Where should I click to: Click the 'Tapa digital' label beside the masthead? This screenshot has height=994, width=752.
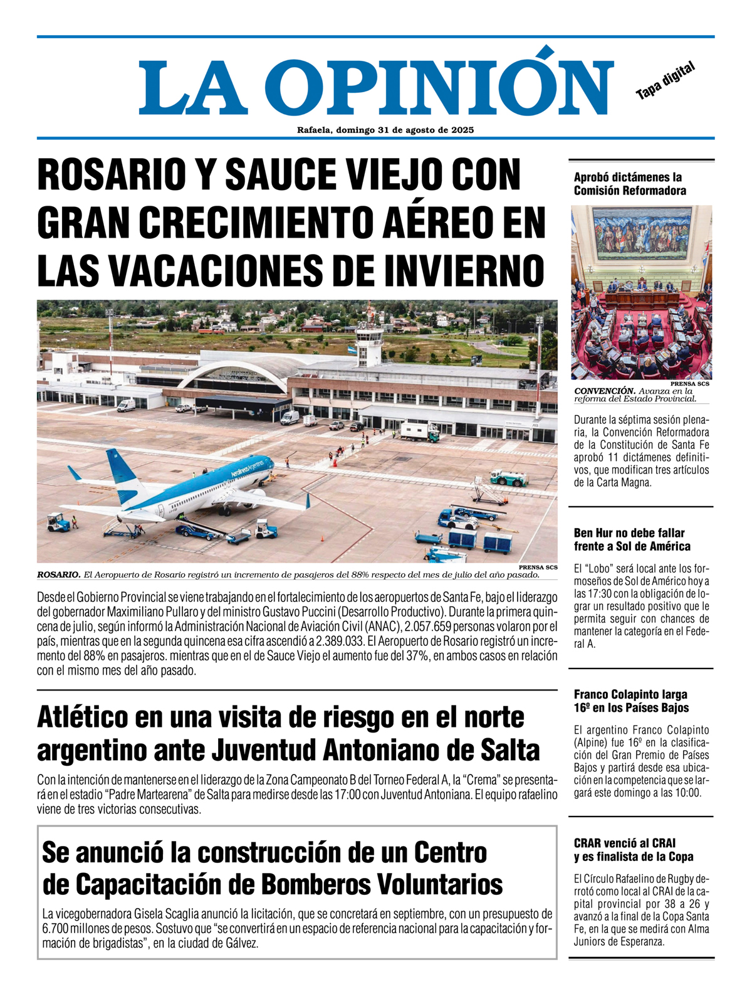[666, 81]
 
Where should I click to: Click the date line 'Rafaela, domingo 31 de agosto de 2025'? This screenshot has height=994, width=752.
[385, 130]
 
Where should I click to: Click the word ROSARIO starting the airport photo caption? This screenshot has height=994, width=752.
[59, 574]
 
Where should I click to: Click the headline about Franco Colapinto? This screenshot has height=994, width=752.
[631, 701]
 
